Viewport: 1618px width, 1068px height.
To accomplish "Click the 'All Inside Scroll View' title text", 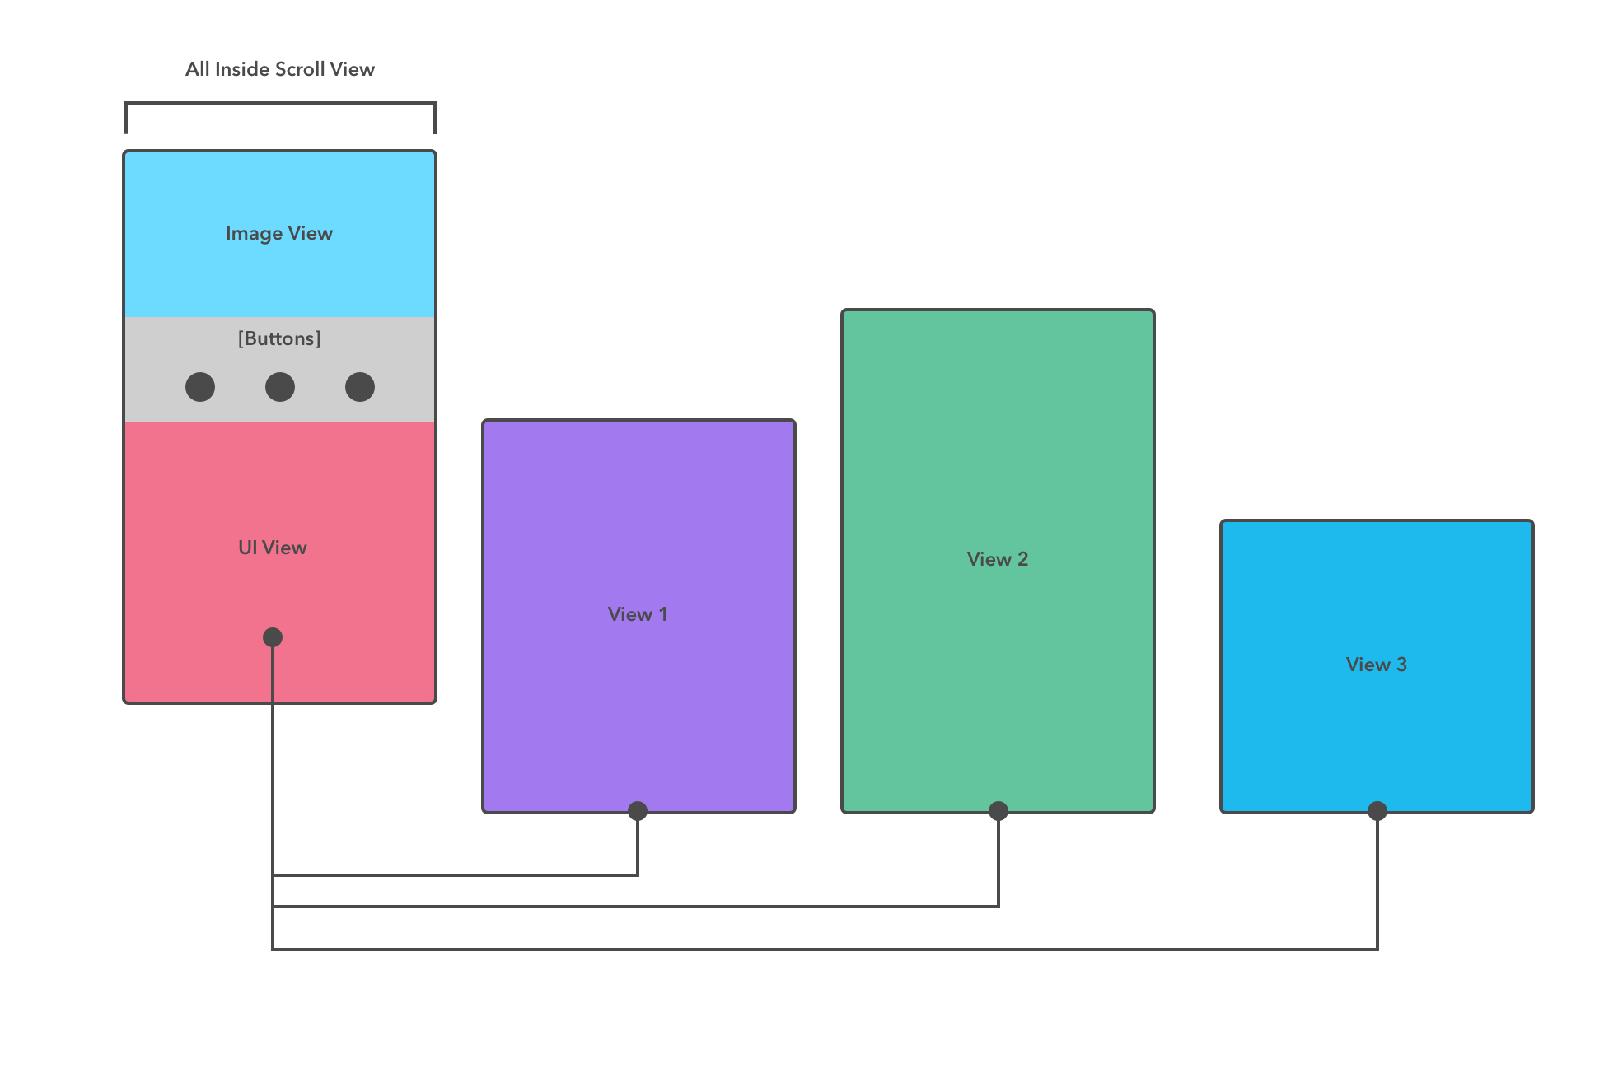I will click(279, 69).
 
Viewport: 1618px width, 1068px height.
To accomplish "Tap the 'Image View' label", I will click(279, 233).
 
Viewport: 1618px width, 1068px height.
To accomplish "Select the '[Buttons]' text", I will click(279, 338).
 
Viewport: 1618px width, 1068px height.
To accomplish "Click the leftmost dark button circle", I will click(200, 387).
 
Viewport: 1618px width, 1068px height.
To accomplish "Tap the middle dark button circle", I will click(280, 387).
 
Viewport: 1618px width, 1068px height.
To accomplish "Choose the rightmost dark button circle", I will click(360, 387).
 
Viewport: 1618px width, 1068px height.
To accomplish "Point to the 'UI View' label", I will click(272, 548).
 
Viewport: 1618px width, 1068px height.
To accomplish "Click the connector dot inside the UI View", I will click(273, 637).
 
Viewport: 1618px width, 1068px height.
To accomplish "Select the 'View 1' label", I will click(638, 614).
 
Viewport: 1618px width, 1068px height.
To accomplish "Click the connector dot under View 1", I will click(638, 811).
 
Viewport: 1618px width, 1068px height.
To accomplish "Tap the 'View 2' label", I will click(998, 559).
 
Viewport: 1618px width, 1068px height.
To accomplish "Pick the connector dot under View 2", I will click(998, 811).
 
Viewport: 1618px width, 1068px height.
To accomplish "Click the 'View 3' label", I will click(1377, 665).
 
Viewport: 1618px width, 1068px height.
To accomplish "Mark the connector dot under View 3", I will click(1377, 811).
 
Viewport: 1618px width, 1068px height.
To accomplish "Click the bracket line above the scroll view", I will click(280, 104).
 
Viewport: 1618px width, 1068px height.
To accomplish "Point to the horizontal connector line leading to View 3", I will click(824, 949).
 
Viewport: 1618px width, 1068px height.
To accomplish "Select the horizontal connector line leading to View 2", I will click(634, 907).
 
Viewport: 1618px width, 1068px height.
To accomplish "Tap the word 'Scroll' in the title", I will click(300, 69).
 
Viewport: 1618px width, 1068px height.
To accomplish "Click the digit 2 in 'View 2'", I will click(1023, 559).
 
